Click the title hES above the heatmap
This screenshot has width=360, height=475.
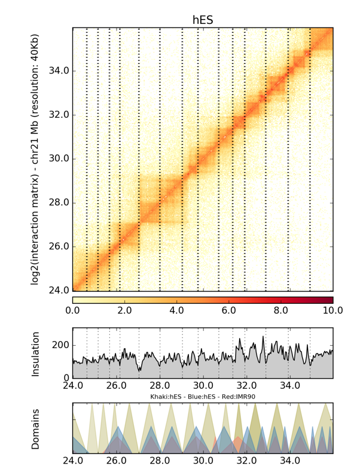[x=203, y=20]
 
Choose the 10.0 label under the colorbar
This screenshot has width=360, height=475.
[x=332, y=310]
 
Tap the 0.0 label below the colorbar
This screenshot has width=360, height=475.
[x=72, y=310]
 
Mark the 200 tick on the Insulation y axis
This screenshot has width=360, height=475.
[x=62, y=346]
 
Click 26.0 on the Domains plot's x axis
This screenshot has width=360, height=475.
[x=116, y=461]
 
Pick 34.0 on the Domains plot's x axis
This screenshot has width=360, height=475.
[x=289, y=461]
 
